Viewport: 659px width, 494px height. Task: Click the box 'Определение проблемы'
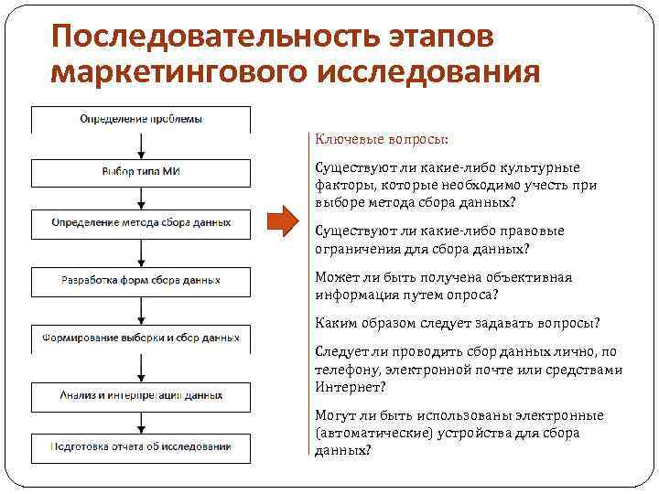[x=141, y=119]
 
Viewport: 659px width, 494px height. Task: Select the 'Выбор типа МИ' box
[x=141, y=171]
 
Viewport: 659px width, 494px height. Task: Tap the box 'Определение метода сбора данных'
[x=141, y=222]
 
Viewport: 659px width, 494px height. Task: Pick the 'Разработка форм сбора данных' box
[x=141, y=280]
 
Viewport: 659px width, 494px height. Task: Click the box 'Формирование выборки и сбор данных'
[x=141, y=338]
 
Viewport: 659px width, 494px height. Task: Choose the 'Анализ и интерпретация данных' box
[x=141, y=396]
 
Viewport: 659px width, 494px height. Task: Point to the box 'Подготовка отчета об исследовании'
[x=141, y=446]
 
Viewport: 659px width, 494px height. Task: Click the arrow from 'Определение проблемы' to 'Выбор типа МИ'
[x=141, y=146]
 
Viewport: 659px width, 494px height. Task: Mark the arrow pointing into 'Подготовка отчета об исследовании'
[x=141, y=422]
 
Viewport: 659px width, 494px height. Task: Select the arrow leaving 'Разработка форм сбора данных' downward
[x=141, y=309]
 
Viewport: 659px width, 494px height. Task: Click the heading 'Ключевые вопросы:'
[x=382, y=139]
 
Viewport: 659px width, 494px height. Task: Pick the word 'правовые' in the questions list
[x=531, y=231]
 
